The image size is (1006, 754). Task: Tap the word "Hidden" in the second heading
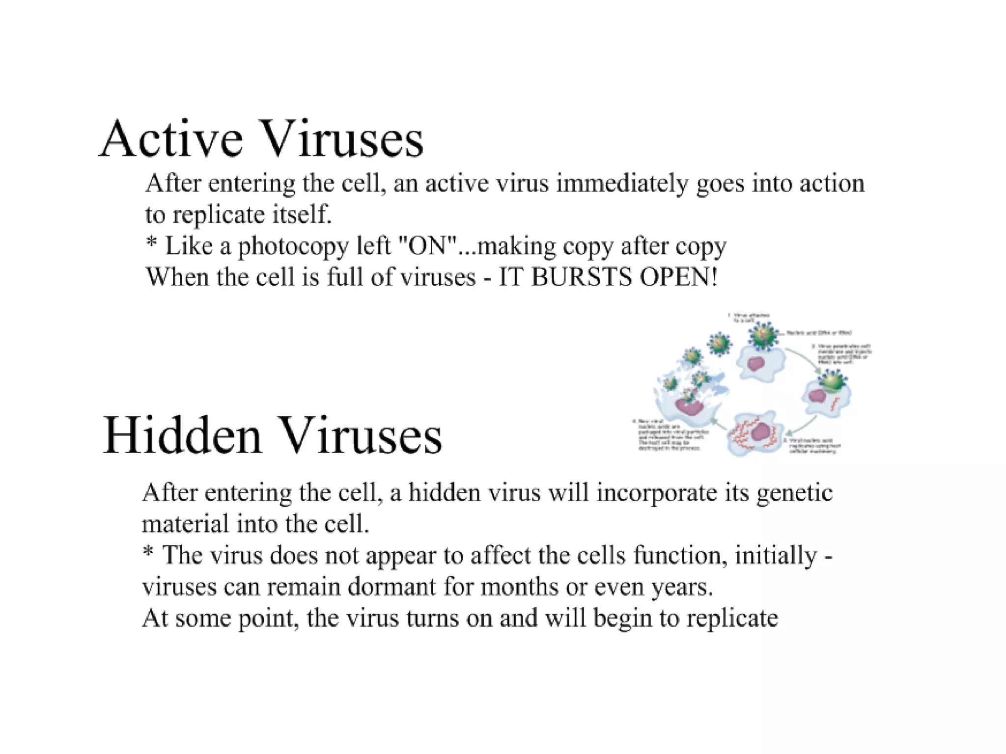[182, 436]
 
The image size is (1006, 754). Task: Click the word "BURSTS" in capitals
[582, 277]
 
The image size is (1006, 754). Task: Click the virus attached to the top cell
[763, 336]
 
